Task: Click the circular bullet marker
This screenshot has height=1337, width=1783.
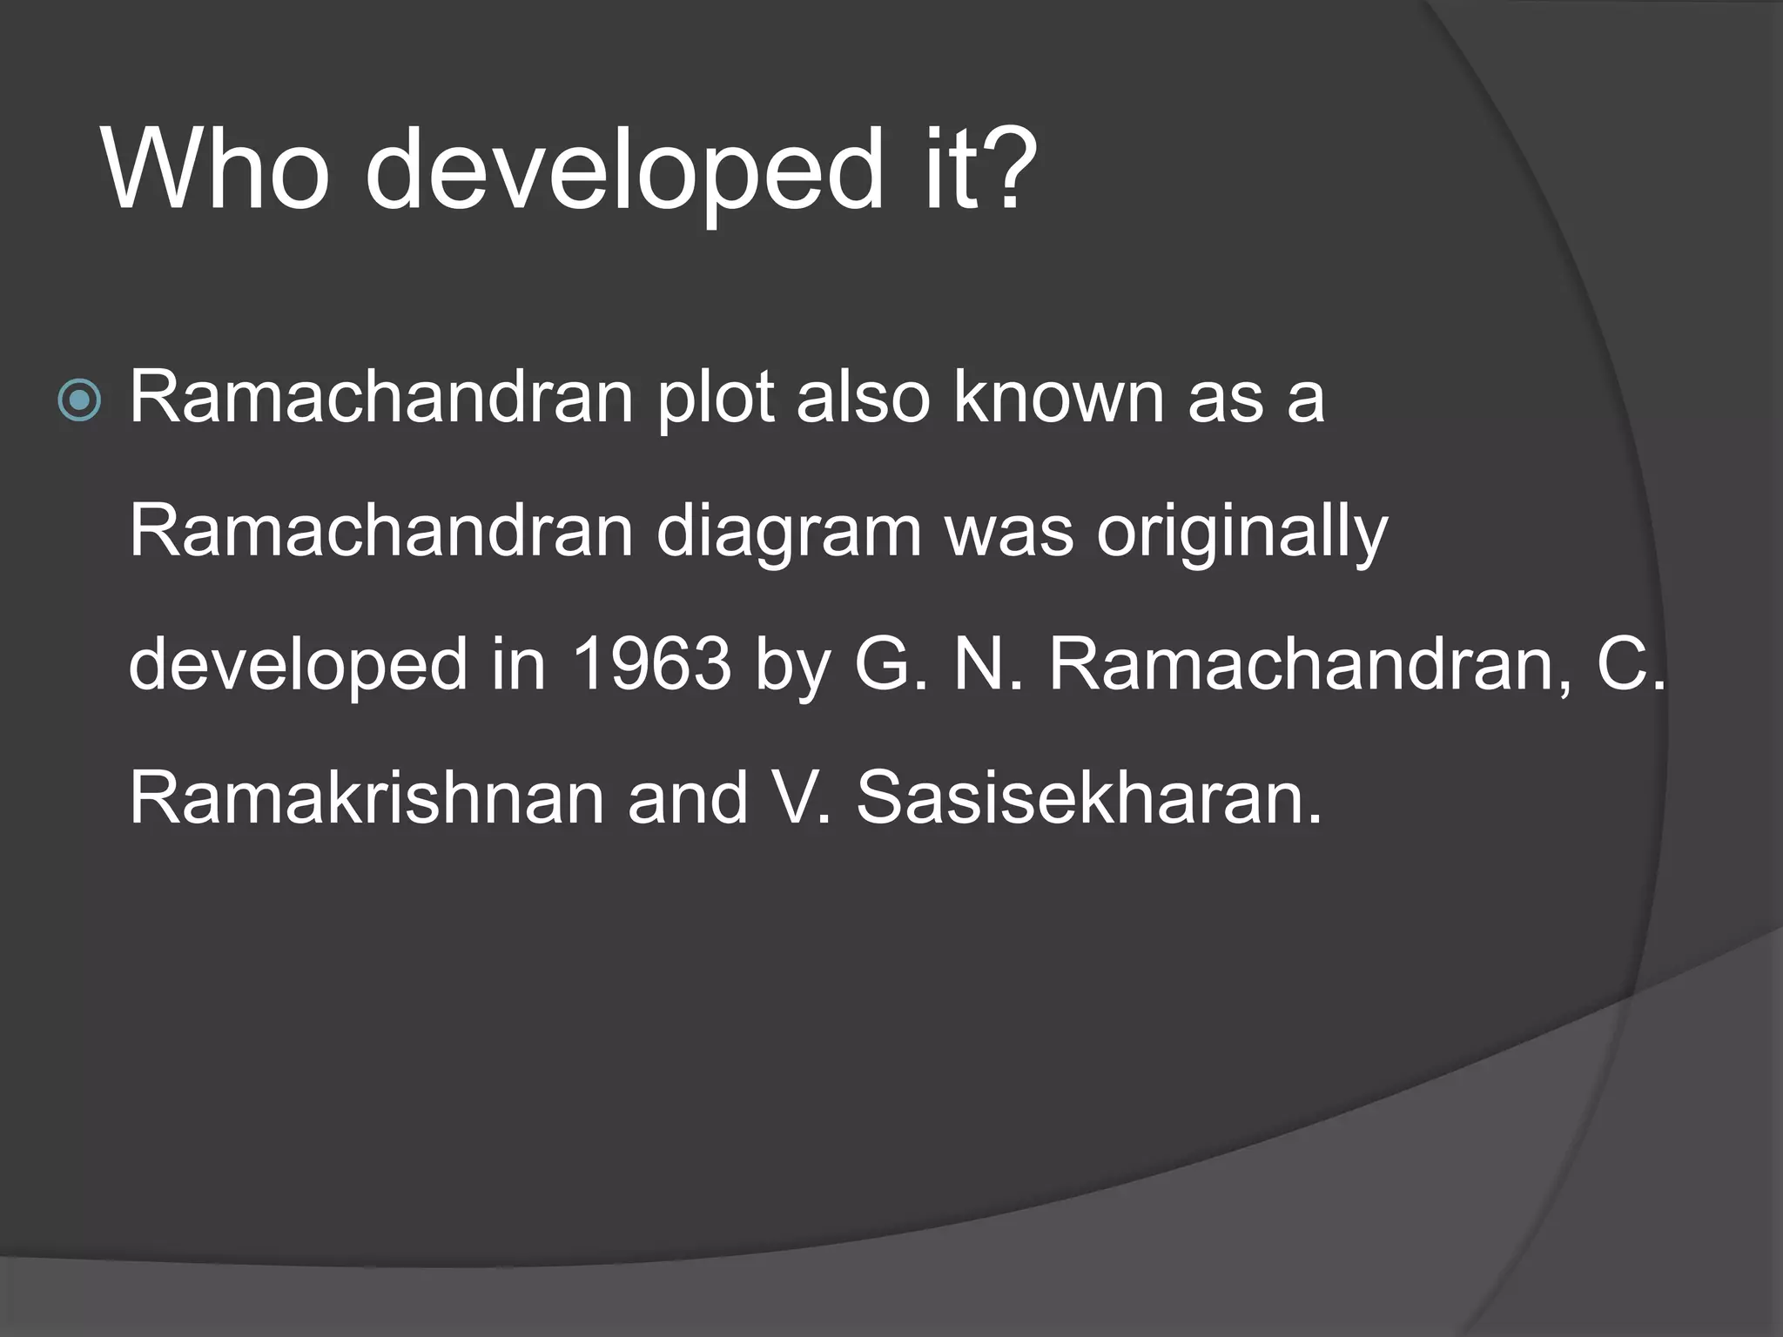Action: [x=79, y=401]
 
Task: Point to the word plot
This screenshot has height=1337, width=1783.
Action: [x=716, y=399]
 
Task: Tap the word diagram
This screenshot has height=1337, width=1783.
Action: [x=788, y=533]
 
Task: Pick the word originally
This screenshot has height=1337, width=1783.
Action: [x=1241, y=533]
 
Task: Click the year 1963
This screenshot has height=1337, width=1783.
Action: [x=651, y=665]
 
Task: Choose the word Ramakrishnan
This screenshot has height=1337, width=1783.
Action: [x=367, y=798]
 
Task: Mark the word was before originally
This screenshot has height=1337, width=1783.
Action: [x=1009, y=533]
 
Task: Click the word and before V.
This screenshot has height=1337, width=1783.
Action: [x=688, y=798]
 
